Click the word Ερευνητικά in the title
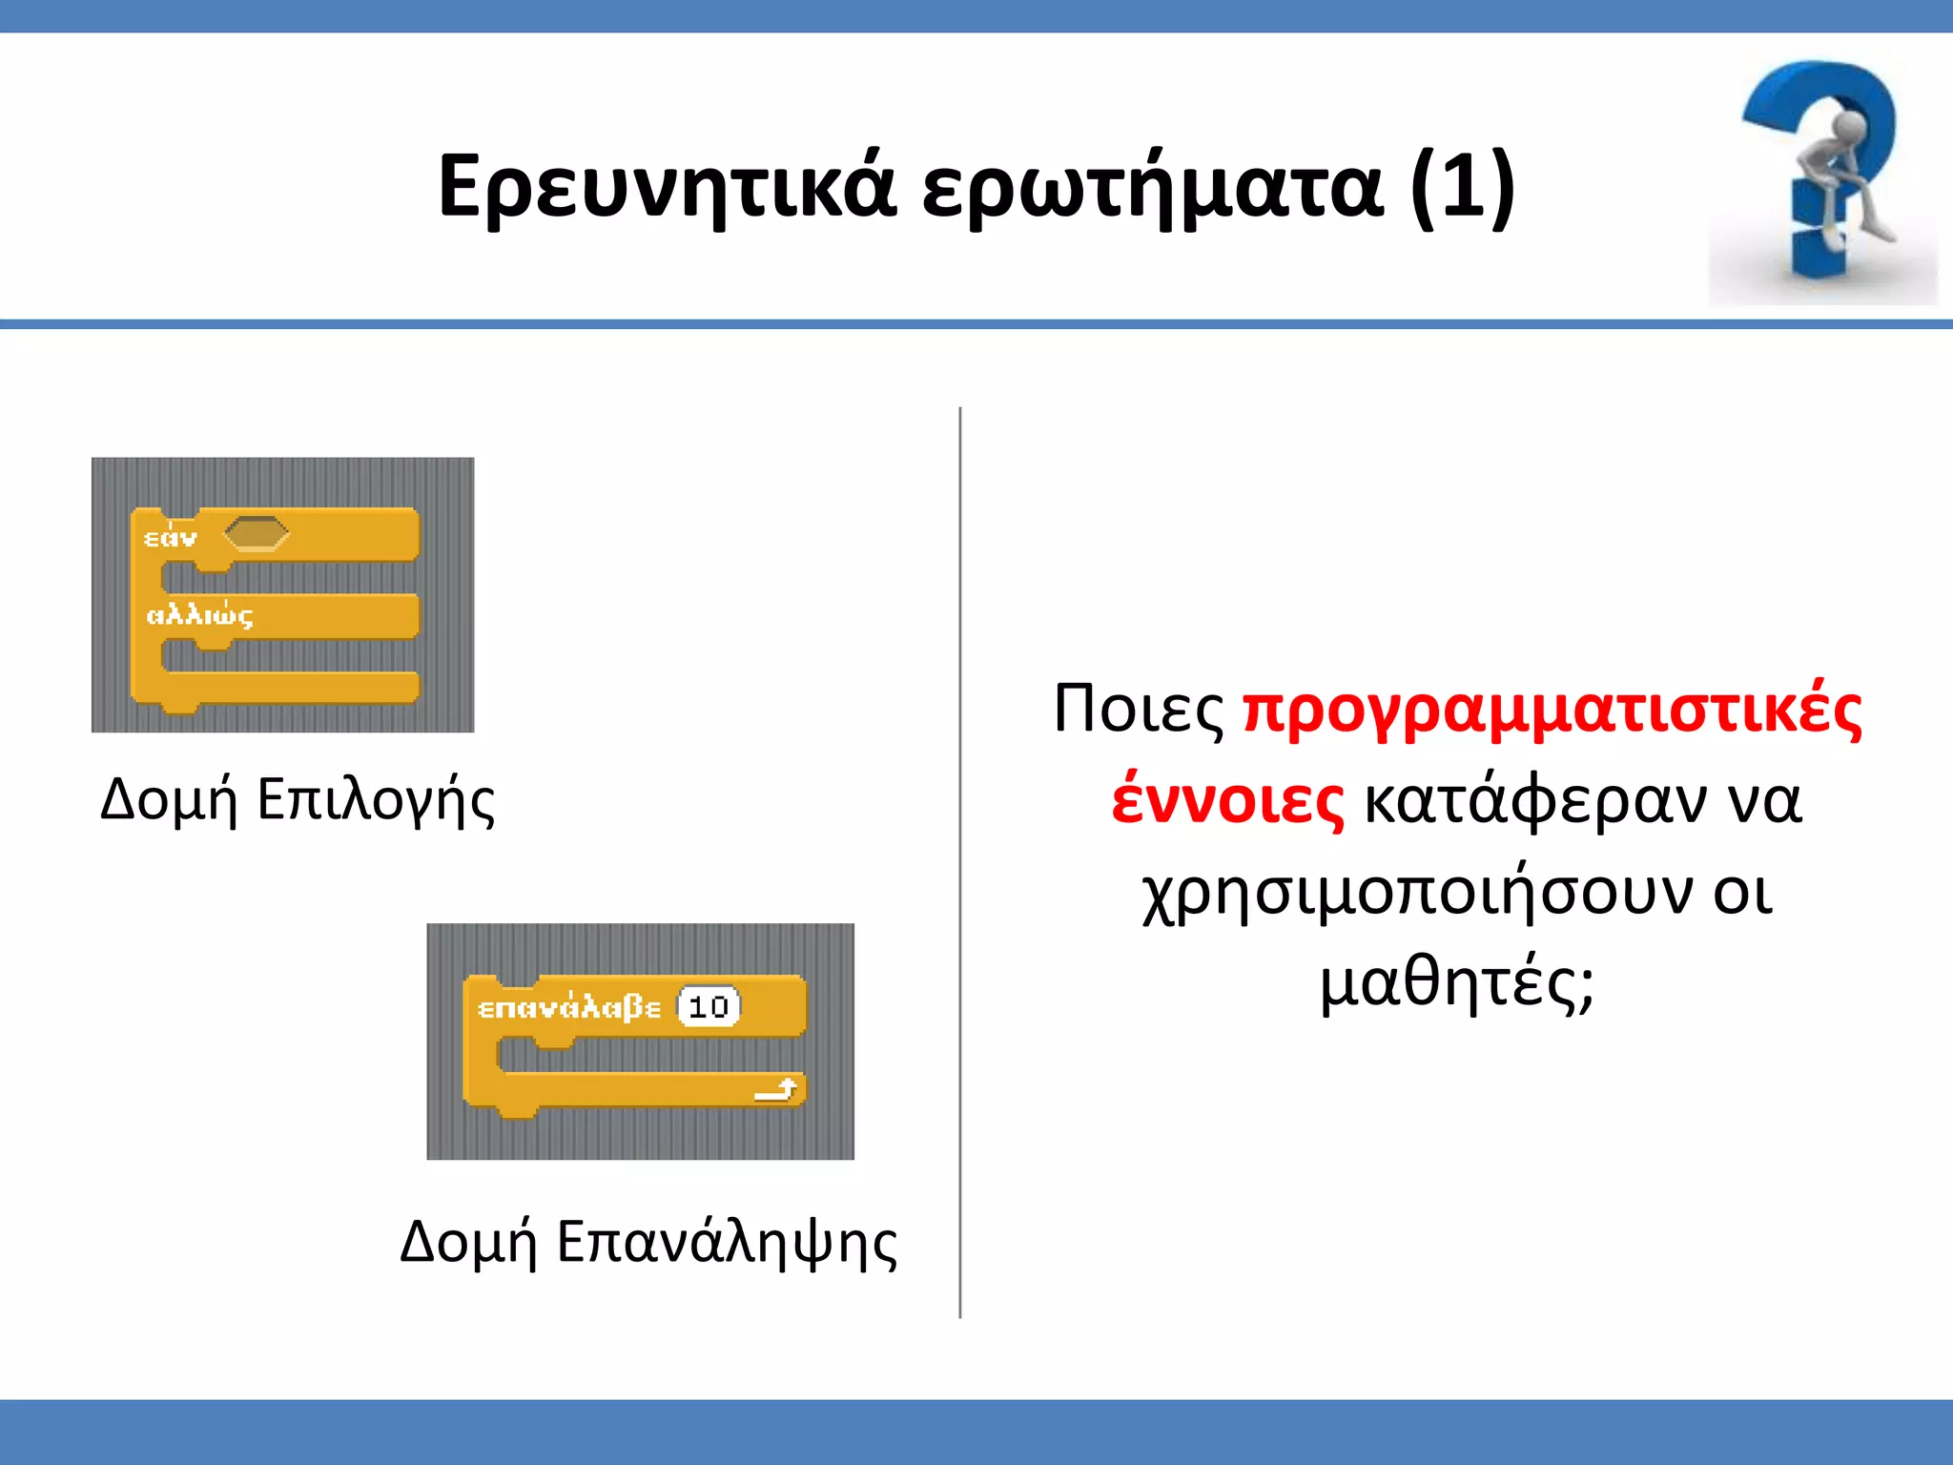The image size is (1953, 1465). point(667,186)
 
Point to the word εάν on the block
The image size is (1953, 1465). point(171,538)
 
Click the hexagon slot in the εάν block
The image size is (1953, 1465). point(256,534)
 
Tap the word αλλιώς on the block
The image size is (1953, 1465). point(199,615)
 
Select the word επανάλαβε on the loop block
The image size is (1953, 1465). point(568,1007)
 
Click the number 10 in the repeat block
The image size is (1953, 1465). point(709,1007)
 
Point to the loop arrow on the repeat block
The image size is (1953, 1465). point(776,1089)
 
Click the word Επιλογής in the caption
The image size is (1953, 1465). point(376,800)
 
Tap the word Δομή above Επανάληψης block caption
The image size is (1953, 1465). point(468,1244)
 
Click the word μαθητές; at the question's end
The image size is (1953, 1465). point(1456,982)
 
